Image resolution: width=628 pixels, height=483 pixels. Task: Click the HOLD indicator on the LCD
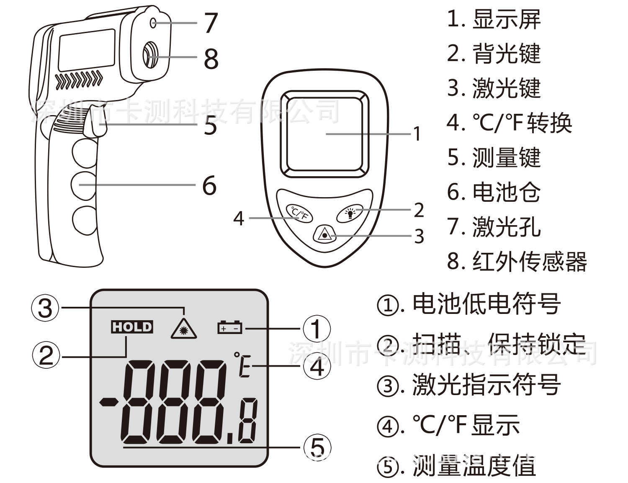132,327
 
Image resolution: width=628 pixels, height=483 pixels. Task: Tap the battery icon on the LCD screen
230,327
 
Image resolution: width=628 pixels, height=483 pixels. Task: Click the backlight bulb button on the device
350,213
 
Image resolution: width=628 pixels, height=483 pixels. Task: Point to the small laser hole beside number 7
153,23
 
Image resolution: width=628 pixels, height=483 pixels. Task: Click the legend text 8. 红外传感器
517,261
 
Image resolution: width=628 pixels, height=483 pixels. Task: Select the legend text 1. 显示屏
494,19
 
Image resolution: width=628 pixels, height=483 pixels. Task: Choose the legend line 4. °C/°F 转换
509,123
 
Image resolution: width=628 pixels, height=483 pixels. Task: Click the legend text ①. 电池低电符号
469,304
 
